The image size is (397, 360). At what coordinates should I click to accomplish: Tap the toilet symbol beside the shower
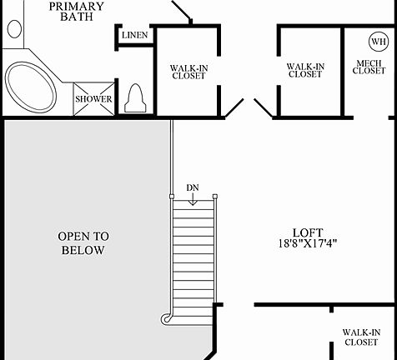tap(134, 99)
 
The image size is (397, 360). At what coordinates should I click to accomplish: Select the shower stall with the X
tap(93, 98)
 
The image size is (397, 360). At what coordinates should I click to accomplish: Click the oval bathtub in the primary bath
tap(31, 84)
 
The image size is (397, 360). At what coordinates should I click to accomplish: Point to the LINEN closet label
tap(134, 36)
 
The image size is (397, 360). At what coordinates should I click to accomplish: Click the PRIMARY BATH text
tap(76, 12)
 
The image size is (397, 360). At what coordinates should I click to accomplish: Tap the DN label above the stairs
tap(193, 187)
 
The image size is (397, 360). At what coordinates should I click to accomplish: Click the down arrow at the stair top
tap(193, 198)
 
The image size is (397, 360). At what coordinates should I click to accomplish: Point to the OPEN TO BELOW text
tap(82, 242)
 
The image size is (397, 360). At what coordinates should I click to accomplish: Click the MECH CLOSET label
tap(369, 67)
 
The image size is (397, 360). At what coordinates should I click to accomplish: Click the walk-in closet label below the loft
tap(361, 337)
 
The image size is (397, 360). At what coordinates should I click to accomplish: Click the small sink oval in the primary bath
tap(14, 28)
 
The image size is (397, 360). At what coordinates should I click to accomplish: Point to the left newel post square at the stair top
tap(171, 197)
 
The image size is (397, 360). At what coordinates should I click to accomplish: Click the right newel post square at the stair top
tap(214, 197)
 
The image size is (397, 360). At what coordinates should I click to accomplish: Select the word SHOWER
tap(93, 99)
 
